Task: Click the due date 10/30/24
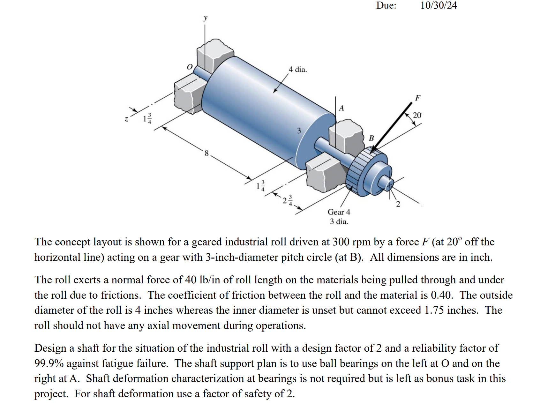pyautogui.click(x=438, y=5)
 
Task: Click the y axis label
pyautogui.click(x=206, y=18)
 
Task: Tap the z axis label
pyautogui.click(x=126, y=119)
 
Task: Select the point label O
pyautogui.click(x=190, y=67)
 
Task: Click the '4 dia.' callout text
pyautogui.click(x=297, y=69)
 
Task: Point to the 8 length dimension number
pyautogui.click(x=206, y=153)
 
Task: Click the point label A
pyautogui.click(x=341, y=108)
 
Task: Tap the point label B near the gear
pyautogui.click(x=371, y=138)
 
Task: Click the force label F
pyautogui.click(x=417, y=98)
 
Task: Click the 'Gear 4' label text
pyautogui.click(x=339, y=212)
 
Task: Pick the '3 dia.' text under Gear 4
pyautogui.click(x=339, y=221)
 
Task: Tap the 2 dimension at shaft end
pyautogui.click(x=398, y=204)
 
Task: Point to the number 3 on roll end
pyautogui.click(x=299, y=131)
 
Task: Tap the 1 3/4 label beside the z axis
pyautogui.click(x=147, y=118)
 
